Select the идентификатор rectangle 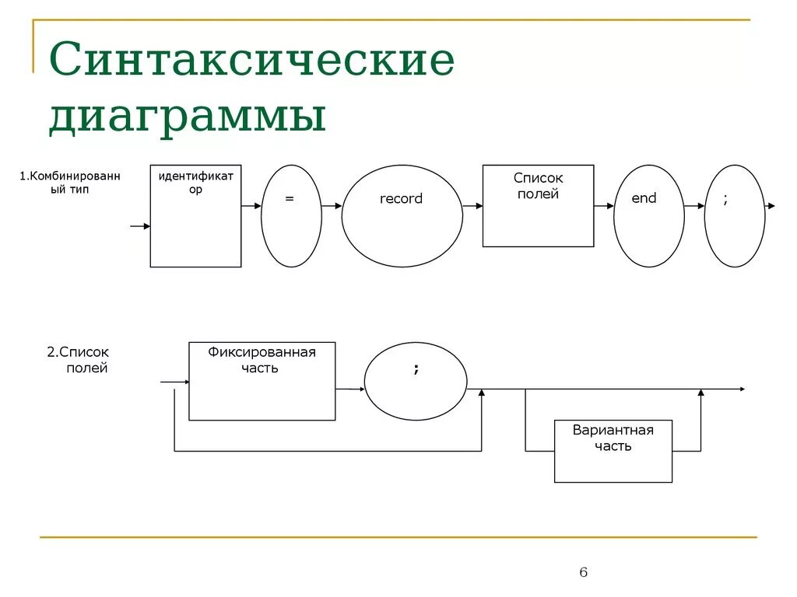tap(195, 215)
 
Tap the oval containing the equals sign tap(290, 215)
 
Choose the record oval tap(402, 215)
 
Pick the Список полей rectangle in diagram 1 tap(538, 205)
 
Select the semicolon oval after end tap(734, 215)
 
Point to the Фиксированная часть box tap(262, 381)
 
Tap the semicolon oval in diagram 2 tap(416, 381)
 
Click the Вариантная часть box tap(613, 451)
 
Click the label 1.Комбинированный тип tap(70, 183)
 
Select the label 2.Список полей tap(78, 360)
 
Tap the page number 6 tap(584, 573)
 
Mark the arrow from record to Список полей tap(472, 206)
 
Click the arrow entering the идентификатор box tap(140, 226)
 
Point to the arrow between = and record tap(332, 206)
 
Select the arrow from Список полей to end tap(604, 206)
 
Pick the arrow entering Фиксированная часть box tap(174, 382)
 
